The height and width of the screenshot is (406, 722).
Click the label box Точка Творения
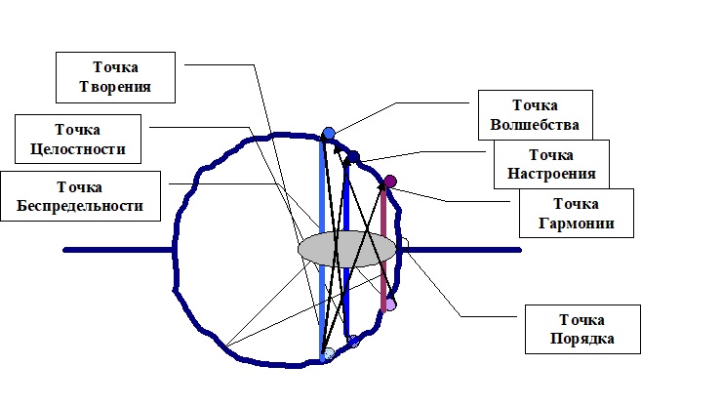tap(116, 78)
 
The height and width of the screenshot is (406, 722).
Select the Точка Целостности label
tap(77, 139)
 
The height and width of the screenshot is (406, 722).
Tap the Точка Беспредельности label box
tap(81, 197)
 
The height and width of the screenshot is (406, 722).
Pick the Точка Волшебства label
tap(536, 115)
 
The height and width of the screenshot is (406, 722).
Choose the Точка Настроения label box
tap(550, 164)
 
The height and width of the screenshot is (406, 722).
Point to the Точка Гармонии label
tap(576, 214)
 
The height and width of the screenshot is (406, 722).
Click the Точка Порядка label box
tap(582, 330)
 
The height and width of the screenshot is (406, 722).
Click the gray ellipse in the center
tap(347, 250)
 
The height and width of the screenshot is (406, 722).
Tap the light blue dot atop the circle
tap(329, 133)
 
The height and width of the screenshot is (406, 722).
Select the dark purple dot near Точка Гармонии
tap(390, 182)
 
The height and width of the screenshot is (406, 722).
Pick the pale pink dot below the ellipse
tap(389, 304)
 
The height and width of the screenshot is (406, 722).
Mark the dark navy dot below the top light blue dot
tap(354, 156)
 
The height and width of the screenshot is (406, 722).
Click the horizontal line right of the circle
tap(463, 250)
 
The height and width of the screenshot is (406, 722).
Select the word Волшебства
tap(536, 125)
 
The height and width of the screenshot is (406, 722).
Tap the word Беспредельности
tap(81, 207)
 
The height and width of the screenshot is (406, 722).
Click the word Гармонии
tap(576, 223)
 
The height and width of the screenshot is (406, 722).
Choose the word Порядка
tap(582, 340)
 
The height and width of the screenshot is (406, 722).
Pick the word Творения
tap(116, 88)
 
